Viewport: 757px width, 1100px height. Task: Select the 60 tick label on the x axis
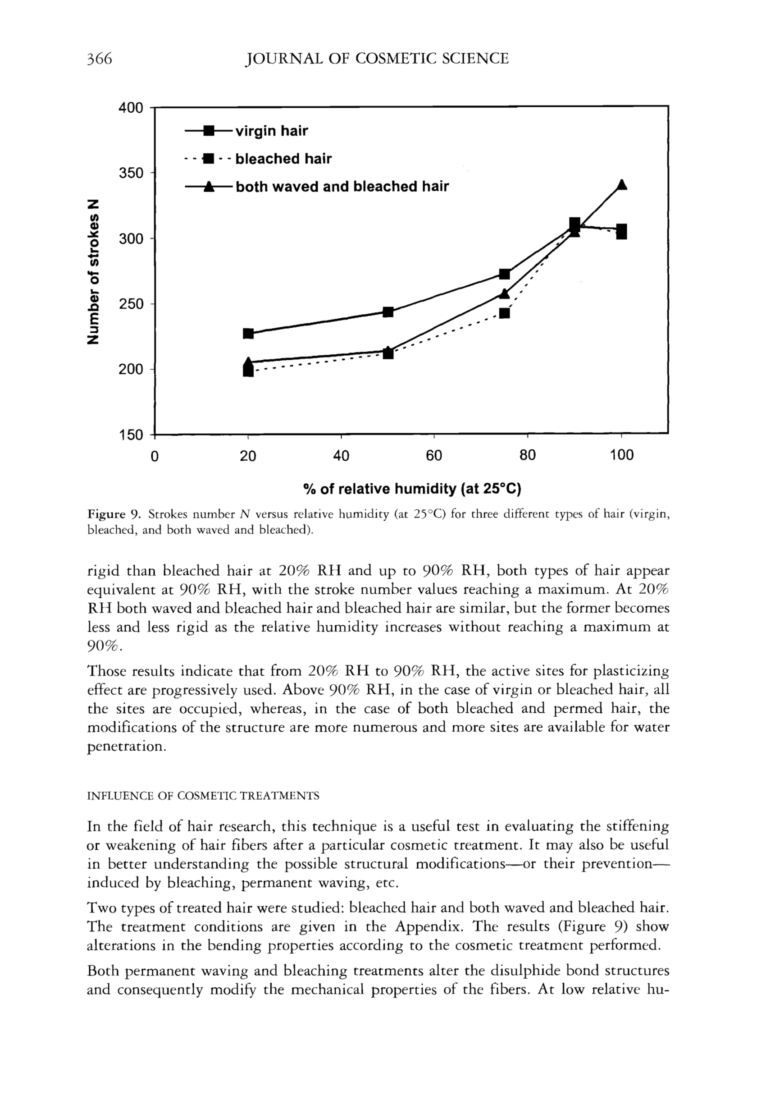[x=434, y=456]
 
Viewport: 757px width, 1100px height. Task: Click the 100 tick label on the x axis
[x=621, y=456]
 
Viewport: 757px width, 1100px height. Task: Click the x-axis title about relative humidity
[x=412, y=489]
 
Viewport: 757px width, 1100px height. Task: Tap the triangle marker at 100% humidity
[x=622, y=184]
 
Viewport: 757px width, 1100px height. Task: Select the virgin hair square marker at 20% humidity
[x=248, y=333]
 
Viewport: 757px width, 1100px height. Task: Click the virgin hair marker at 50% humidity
[x=388, y=312]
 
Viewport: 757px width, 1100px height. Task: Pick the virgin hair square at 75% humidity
[x=505, y=274]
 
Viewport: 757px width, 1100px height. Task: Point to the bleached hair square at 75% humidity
[x=505, y=313]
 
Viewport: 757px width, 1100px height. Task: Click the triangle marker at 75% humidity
[x=505, y=294]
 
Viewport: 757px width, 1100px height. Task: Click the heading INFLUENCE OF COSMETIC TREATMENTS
[x=203, y=796]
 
